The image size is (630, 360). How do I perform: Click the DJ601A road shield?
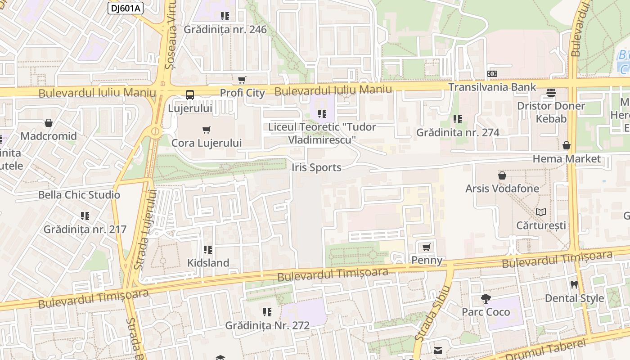point(125,8)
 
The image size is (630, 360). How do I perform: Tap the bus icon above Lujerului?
point(190,95)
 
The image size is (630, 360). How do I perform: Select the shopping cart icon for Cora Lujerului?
point(207,130)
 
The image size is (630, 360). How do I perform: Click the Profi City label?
point(242,93)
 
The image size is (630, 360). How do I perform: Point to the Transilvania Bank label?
point(492,87)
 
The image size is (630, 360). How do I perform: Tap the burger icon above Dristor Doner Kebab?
point(551,93)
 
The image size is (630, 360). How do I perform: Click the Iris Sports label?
point(316,167)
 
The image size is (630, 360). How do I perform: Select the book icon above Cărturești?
point(541,212)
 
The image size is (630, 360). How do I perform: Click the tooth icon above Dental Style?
point(574,284)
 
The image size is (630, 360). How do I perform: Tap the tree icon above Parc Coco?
point(486,298)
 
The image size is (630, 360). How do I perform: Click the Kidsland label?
point(208,263)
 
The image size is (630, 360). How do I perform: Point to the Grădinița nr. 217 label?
point(85,229)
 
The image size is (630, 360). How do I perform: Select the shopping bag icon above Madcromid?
point(49,123)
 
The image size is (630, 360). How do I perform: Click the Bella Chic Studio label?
point(79,195)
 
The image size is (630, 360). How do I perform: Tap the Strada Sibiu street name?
point(432,313)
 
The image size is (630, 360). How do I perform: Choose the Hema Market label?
point(567,159)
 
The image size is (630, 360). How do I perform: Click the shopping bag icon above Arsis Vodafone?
point(502,175)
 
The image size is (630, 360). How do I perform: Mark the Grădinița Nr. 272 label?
point(267,325)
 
